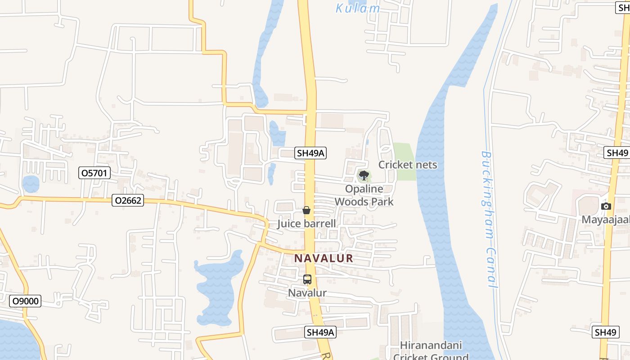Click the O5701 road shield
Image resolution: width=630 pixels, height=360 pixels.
[94, 172]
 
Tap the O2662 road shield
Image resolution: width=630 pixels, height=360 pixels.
[128, 200]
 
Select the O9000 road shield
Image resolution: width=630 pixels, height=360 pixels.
[25, 301]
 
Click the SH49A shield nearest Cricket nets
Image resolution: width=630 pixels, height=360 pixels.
[310, 153]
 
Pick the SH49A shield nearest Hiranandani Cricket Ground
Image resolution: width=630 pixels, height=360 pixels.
[320, 332]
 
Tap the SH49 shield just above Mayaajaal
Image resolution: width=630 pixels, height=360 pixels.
[617, 153]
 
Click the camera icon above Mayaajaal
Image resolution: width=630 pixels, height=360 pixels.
[606, 206]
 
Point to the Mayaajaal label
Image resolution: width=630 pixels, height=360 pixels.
[606, 220]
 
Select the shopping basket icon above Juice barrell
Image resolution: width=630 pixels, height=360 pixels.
[306, 210]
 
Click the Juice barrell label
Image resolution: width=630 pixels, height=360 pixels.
[306, 224]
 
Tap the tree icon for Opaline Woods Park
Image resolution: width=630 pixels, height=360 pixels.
[364, 175]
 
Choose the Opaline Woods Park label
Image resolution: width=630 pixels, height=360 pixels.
[364, 195]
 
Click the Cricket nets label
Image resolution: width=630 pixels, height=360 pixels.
[408, 165]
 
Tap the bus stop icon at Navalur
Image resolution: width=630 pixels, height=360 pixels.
[307, 279]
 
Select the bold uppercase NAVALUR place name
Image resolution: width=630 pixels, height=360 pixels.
[324, 259]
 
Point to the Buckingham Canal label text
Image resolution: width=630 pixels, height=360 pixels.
[489, 219]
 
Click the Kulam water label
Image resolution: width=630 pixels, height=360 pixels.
[358, 8]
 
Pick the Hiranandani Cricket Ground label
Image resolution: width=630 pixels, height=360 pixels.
[431, 351]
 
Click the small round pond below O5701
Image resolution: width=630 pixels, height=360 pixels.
[31, 184]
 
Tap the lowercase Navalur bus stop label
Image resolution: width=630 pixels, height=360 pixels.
[307, 293]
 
